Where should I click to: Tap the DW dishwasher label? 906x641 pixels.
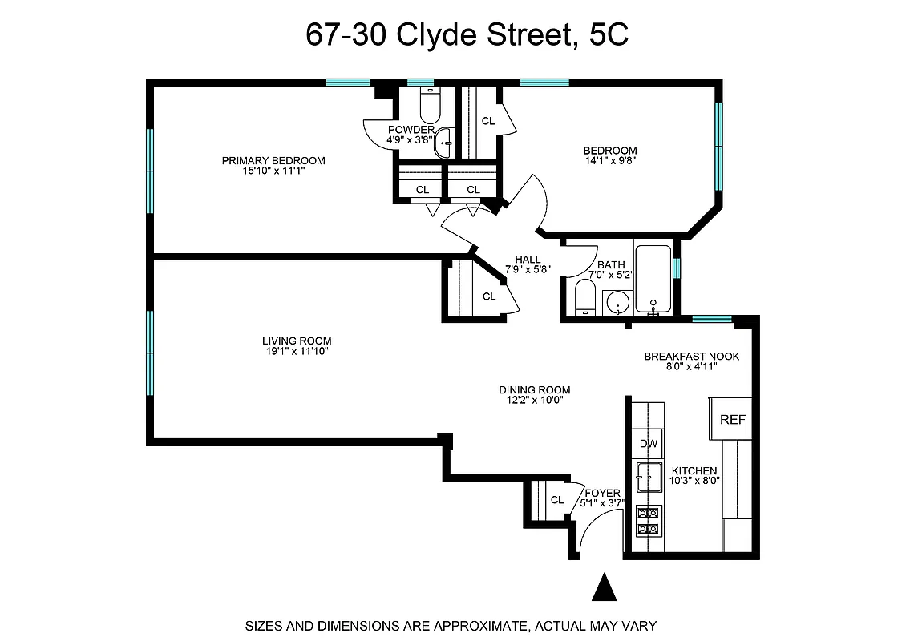pos(649,444)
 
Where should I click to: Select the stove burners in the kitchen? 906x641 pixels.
pos(648,521)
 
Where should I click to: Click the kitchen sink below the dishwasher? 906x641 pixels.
pos(648,477)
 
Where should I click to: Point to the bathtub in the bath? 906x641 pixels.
pos(653,278)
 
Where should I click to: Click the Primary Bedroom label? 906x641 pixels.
pos(273,160)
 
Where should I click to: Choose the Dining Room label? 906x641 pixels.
pos(535,390)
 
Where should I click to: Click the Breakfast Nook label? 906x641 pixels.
pos(692,357)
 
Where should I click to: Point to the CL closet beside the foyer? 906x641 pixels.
pos(557,500)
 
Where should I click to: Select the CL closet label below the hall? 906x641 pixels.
pos(489,296)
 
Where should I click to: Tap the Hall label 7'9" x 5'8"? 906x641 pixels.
pos(528,264)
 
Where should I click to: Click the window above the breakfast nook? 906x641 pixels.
pos(711,319)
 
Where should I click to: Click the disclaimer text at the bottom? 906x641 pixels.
pos(451,625)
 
